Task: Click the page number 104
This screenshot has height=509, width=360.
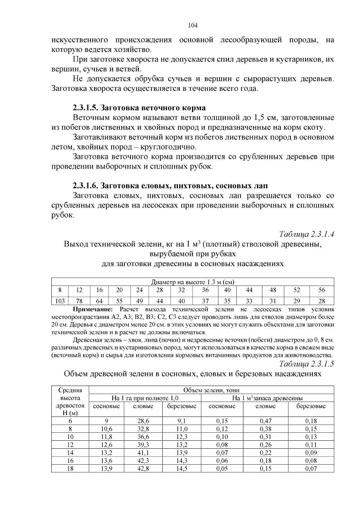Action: [192, 25]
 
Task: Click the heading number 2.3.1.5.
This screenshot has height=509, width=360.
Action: [85, 108]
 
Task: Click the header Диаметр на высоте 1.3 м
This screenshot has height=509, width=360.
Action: [192, 282]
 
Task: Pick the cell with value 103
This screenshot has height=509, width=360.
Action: [60, 301]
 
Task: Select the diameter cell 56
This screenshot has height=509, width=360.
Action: [322, 290]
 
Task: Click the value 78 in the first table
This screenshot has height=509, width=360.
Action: [79, 301]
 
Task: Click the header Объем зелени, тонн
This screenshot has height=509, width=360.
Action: [211, 390]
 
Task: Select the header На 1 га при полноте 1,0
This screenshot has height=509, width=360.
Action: [145, 398]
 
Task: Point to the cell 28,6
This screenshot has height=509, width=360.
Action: [143, 421]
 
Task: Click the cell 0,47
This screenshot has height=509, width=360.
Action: [265, 421]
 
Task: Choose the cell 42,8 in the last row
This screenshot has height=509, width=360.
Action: [143, 469]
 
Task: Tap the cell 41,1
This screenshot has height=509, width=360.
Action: [143, 453]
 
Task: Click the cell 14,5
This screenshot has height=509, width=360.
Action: [181, 469]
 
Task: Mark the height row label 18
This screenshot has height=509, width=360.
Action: [70, 469]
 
